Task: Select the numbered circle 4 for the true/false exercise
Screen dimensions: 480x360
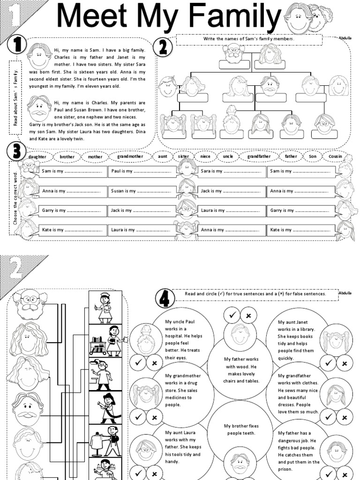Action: pos(165,297)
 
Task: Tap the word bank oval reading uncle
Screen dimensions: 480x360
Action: pos(228,156)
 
